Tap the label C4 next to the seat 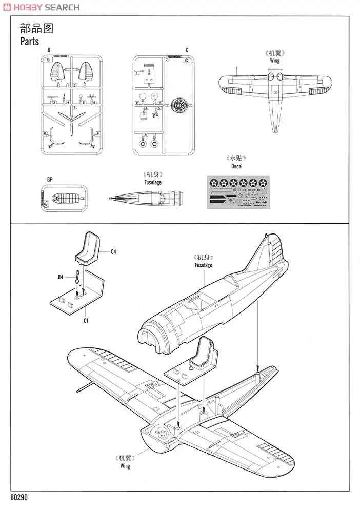pos(114,252)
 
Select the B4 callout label pos(61,277)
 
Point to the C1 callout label pos(86,321)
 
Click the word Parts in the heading pos(29,42)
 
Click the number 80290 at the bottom pos(20,498)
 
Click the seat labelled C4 pos(91,248)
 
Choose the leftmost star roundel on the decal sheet pos(214,182)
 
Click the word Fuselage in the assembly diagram pos(203,265)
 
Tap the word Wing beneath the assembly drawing pos(125,466)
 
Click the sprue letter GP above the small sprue pos(49,179)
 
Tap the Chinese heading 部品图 pos(36,28)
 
